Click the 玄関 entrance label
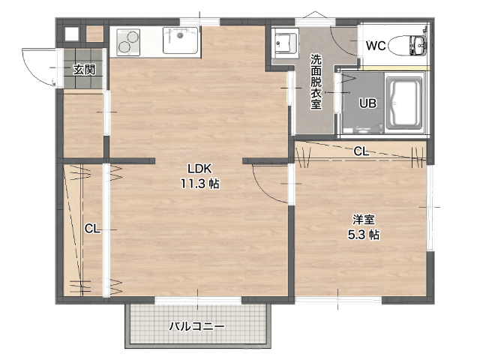coord(84,70)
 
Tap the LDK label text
coord(199,169)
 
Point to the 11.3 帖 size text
coord(199,184)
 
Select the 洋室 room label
coord(363,220)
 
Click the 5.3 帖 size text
coord(363,235)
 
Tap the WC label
coord(376,46)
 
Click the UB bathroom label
coord(367,103)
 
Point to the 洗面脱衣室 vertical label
coord(316,82)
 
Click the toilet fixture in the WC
coord(407,46)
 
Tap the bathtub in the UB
coord(403,103)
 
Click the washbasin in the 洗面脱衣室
coord(285,43)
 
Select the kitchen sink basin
coord(180,40)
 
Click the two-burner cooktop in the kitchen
coord(128,43)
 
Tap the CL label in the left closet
coord(92,228)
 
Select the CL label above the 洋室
coord(361,151)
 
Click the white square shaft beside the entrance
coord(72,34)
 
